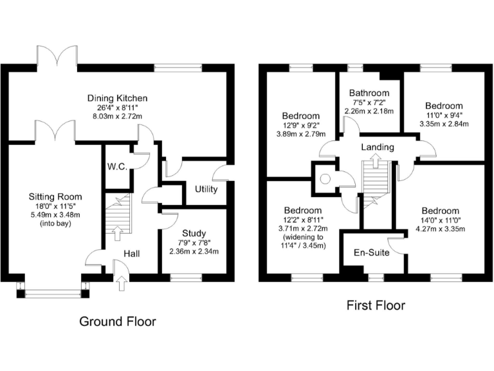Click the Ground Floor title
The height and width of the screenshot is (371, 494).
point(117,321)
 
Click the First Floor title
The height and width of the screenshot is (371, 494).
point(376,305)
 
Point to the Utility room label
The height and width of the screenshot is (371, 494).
point(206,189)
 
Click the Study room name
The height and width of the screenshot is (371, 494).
point(193,233)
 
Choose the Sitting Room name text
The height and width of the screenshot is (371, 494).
point(55,196)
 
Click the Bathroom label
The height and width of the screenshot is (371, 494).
point(369,93)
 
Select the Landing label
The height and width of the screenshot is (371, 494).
point(377,147)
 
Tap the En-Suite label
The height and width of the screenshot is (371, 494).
point(372,253)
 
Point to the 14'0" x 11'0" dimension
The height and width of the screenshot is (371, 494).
point(440,220)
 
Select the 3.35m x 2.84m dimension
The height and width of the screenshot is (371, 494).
point(443,124)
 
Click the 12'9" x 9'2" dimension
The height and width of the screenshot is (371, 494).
point(301,126)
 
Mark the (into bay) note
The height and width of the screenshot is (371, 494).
point(55,224)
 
